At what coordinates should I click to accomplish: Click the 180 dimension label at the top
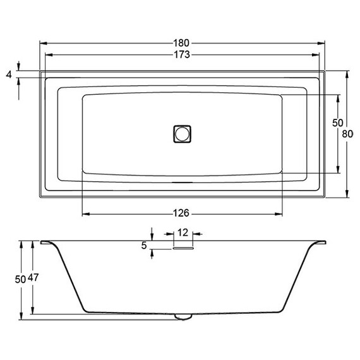(181, 43)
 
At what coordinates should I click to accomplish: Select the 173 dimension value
(181, 55)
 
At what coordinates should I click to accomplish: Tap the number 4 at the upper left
(8, 75)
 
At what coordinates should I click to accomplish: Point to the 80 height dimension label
(347, 134)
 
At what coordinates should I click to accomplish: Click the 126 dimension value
(181, 212)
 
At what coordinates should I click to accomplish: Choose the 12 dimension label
(182, 233)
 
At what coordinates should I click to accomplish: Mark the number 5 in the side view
(144, 246)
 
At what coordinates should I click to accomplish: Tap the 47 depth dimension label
(35, 279)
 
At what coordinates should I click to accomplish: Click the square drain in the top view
(182, 134)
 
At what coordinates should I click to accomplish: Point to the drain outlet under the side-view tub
(183, 316)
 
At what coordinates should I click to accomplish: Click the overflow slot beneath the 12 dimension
(182, 248)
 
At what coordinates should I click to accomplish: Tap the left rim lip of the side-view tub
(48, 243)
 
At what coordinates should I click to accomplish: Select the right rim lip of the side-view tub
(318, 243)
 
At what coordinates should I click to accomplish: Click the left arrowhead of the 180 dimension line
(42, 43)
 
